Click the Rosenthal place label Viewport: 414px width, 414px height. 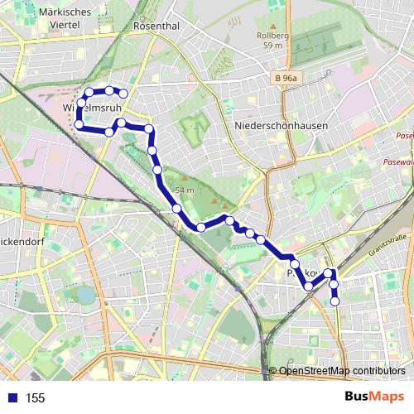click(x=156, y=26)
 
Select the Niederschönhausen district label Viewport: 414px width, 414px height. click(x=281, y=127)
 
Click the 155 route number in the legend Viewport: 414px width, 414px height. click(x=35, y=398)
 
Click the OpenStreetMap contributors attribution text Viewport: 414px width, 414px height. click(x=342, y=371)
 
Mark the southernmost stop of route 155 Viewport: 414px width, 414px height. click(x=335, y=301)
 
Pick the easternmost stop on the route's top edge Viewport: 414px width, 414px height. click(x=123, y=94)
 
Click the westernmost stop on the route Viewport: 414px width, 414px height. click(x=79, y=124)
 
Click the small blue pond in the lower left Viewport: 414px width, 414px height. click(x=85, y=294)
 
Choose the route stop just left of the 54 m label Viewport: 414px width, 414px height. click(x=158, y=170)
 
